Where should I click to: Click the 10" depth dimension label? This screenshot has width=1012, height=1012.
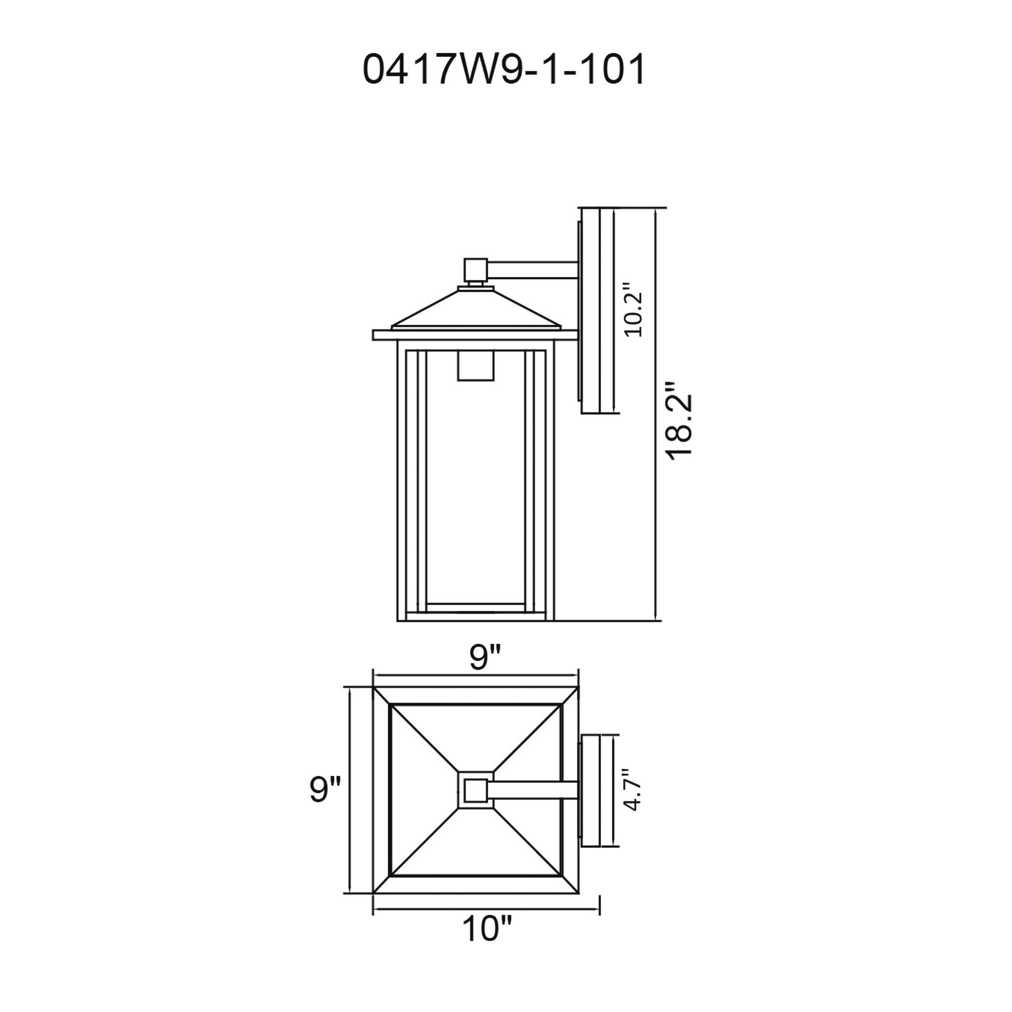pos(486,944)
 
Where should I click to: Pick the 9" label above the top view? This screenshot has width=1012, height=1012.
pos(486,657)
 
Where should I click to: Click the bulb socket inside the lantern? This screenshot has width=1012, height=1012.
pos(476,365)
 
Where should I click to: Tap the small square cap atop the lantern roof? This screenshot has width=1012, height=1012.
pos(476,270)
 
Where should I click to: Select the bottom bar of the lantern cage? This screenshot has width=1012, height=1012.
pos(476,608)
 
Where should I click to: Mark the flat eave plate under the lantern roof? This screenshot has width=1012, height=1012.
pos(476,335)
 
